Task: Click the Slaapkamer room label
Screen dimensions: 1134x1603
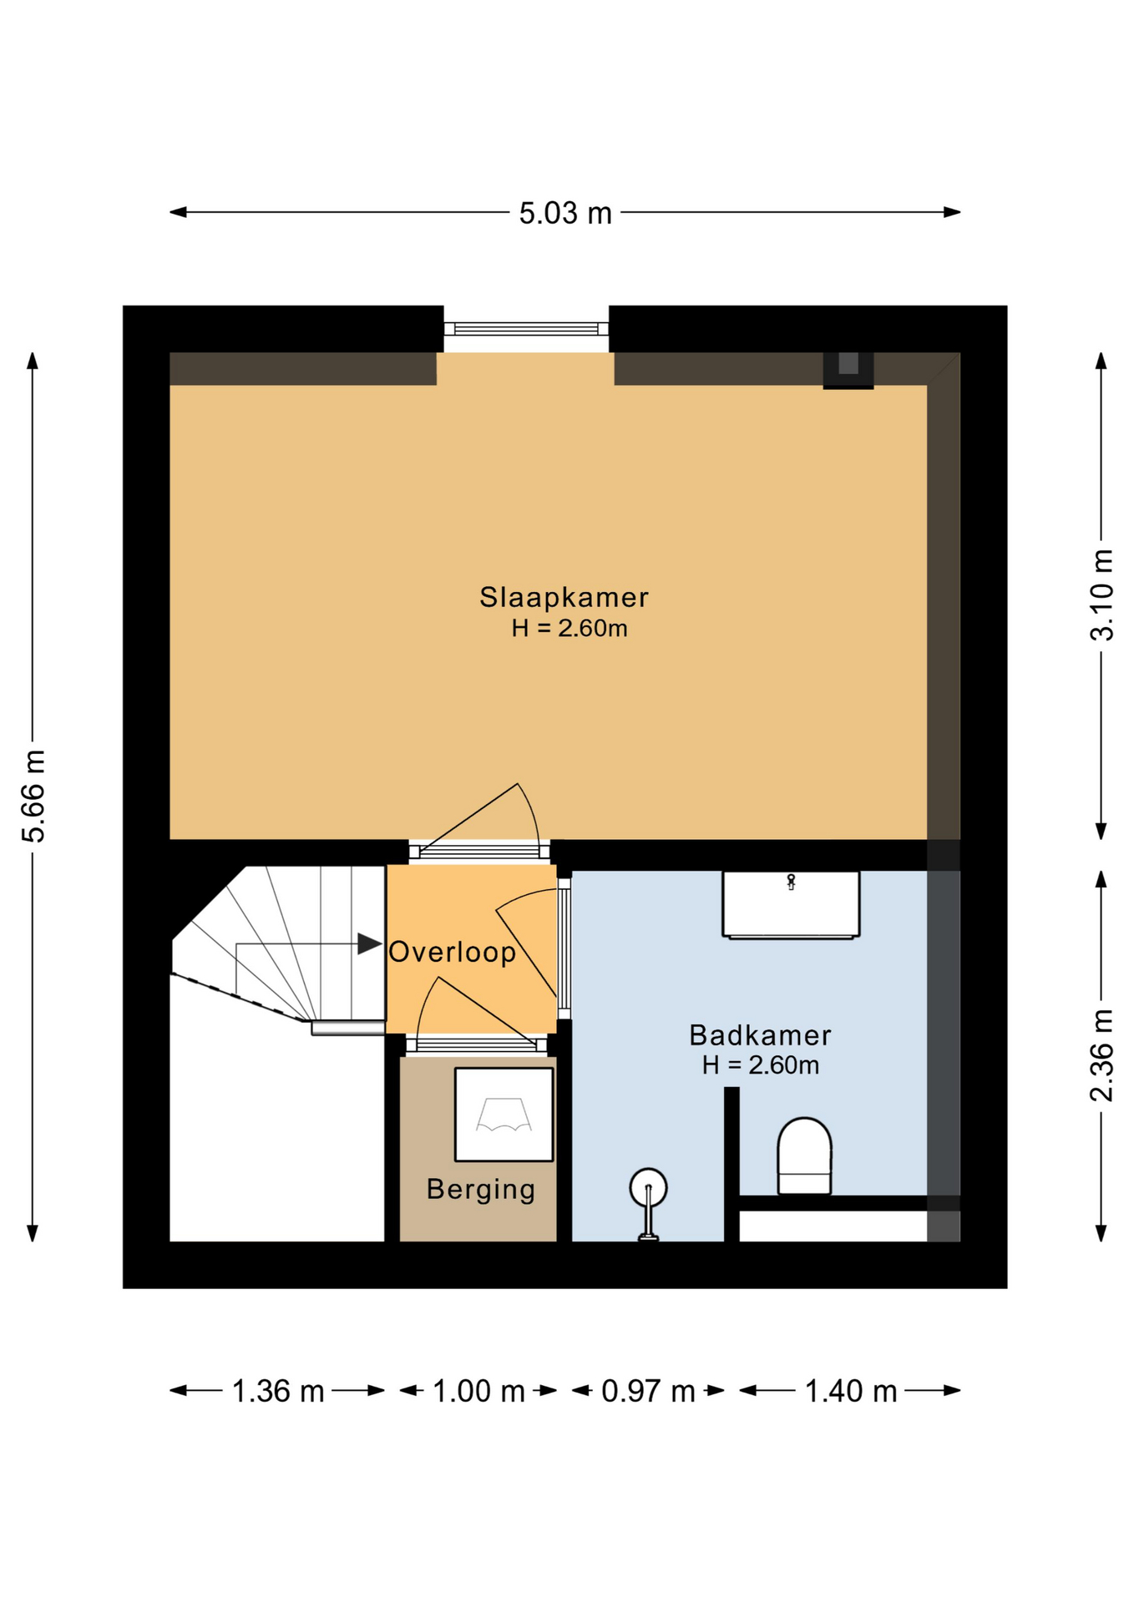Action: coord(564,597)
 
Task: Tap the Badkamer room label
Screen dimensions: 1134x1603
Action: coord(760,1035)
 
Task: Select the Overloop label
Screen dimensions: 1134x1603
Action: coord(453,952)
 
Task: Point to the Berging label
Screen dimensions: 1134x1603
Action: coord(481,1189)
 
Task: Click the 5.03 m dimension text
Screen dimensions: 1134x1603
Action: coord(565,213)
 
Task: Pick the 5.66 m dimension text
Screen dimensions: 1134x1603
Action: coord(34,796)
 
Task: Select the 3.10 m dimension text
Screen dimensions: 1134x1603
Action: coord(1102,595)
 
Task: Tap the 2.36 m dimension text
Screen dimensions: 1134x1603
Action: coord(1102,1055)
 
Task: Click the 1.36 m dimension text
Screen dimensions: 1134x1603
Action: coord(277,1391)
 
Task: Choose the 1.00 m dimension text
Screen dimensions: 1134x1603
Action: coord(478,1391)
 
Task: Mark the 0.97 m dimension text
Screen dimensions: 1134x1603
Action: coord(648,1391)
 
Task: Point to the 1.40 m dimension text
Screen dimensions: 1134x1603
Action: coord(851,1391)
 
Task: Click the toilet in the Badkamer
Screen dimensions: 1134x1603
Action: coord(804,1156)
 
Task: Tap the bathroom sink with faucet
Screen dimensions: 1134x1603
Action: coord(791,905)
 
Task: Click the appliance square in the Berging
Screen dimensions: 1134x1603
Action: coord(504,1115)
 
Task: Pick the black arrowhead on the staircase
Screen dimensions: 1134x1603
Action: coord(369,943)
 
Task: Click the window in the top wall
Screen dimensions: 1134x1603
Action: coord(526,329)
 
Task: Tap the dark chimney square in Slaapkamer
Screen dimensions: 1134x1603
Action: coord(848,370)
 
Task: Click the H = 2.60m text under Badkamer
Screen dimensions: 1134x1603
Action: coord(760,1065)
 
